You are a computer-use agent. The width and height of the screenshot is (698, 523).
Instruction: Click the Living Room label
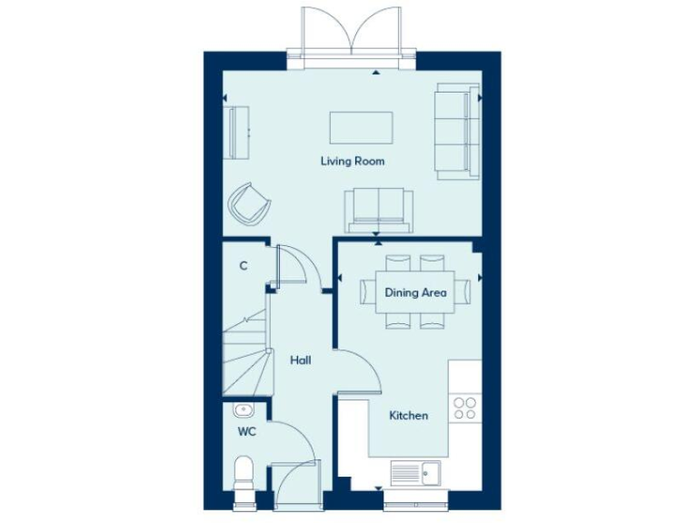click(x=352, y=162)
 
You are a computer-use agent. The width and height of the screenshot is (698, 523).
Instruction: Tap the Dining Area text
click(x=415, y=292)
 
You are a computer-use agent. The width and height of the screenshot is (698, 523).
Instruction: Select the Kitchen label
click(x=408, y=416)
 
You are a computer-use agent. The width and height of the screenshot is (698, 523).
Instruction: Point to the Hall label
click(x=300, y=360)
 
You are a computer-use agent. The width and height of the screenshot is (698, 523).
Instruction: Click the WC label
click(x=246, y=432)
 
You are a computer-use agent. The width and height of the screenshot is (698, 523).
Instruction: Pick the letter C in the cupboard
click(x=243, y=266)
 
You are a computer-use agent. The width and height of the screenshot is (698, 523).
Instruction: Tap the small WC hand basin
click(x=243, y=410)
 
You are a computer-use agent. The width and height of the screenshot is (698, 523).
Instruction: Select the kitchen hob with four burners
click(x=464, y=409)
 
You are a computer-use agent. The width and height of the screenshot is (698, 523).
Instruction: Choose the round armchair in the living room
click(x=249, y=203)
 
